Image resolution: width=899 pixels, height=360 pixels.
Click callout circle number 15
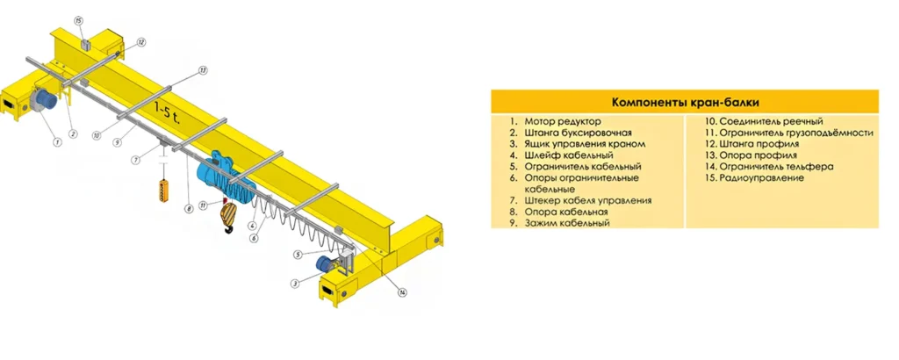(78, 21)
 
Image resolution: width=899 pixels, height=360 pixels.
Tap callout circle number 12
(141, 42)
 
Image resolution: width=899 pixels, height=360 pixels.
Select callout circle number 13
(203, 70)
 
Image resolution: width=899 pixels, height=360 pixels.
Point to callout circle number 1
(57, 140)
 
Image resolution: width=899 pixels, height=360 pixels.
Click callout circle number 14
(402, 292)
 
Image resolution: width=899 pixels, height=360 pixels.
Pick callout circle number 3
(295, 283)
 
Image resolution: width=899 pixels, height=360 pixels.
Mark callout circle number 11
(203, 205)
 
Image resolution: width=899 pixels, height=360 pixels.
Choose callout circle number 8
(188, 209)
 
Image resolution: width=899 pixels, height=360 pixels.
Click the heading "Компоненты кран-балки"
(685, 103)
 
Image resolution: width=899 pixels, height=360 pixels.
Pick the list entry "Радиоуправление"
(754, 178)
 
